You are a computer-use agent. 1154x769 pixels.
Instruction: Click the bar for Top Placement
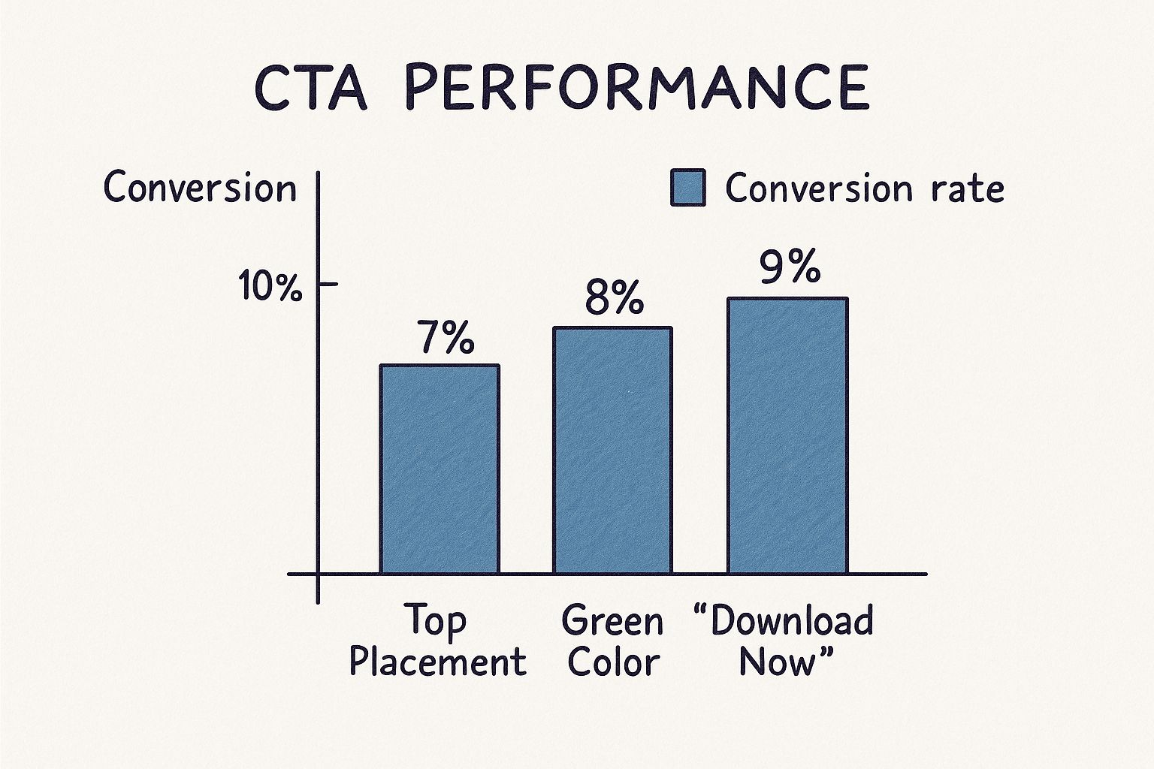440,469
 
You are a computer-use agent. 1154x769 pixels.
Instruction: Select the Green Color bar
612,451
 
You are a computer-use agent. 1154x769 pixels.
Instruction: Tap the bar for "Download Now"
787,436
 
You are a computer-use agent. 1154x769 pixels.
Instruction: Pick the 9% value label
789,267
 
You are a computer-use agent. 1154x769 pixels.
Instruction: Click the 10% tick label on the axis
270,286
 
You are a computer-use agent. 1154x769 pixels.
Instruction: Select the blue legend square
687,188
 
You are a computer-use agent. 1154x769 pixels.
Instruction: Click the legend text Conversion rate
864,188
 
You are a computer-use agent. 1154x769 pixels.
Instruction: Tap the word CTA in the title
310,87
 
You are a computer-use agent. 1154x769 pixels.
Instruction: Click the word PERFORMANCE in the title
637,87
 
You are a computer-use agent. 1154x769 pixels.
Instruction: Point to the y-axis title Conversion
200,188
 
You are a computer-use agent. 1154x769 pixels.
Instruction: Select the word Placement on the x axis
437,662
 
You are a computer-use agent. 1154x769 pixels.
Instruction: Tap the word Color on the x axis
613,662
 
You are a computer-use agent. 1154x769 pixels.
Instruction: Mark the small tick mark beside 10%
328,285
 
